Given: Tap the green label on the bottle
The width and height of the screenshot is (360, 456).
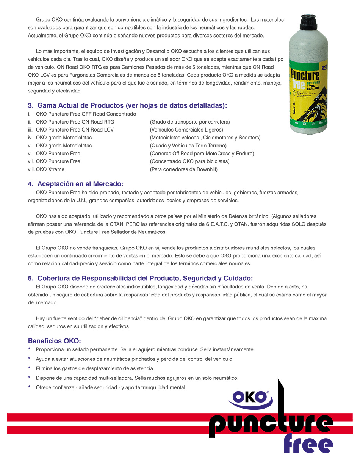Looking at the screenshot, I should [x=308, y=95].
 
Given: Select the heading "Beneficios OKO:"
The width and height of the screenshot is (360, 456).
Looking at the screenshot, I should [x=55, y=340].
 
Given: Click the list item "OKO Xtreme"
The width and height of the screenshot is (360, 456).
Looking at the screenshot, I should [x=50, y=169].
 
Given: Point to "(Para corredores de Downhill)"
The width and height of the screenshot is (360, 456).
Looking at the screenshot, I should [x=184, y=169].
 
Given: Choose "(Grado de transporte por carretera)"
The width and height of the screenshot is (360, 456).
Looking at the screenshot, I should [x=190, y=122].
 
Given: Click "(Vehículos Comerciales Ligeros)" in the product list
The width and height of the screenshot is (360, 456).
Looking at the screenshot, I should [x=186, y=130].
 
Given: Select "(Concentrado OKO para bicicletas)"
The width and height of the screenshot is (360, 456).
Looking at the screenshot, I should [x=189, y=161].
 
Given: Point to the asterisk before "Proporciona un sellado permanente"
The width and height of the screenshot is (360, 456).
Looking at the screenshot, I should [x=30, y=349].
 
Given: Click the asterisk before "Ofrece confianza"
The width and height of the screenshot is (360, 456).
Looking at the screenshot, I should [x=30, y=387].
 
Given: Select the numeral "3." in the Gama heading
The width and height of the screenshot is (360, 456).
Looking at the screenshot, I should [x=31, y=106].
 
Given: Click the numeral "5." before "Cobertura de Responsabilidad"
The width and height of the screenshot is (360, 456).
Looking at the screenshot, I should [x=31, y=278].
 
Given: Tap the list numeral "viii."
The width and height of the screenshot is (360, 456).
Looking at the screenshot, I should [x=31, y=169].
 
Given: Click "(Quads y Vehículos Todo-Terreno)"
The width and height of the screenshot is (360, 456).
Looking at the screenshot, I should [x=188, y=146].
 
